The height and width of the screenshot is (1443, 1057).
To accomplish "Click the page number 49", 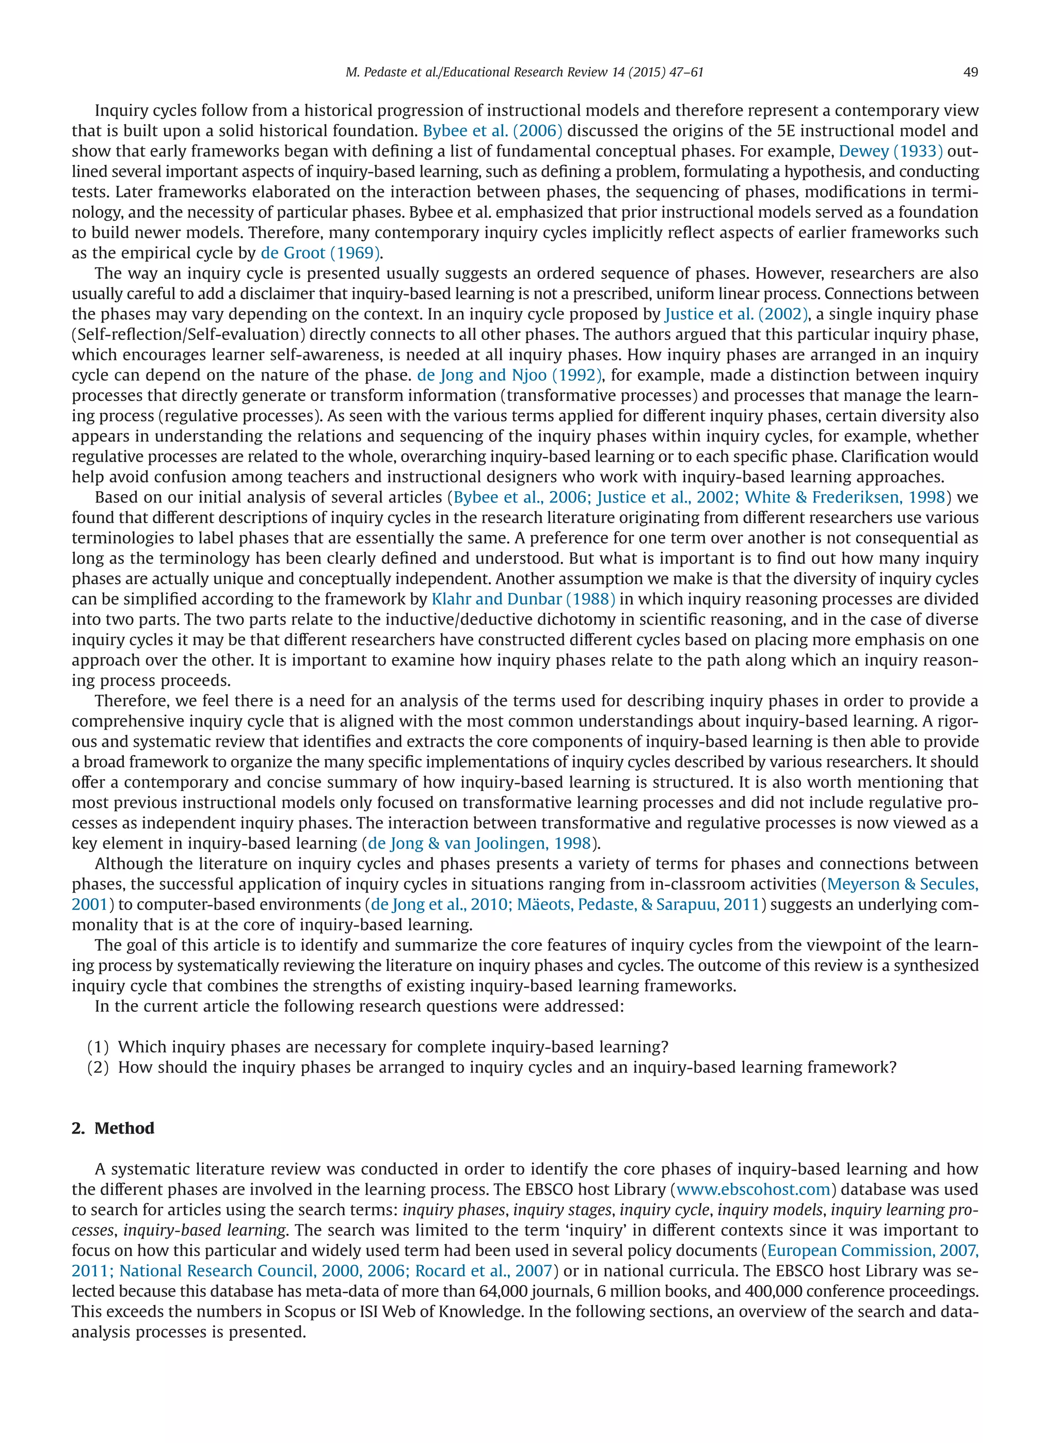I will [x=970, y=72].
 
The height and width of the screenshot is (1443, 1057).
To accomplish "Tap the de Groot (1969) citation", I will [x=321, y=253].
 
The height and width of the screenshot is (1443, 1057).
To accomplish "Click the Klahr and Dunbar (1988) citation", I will [x=523, y=599].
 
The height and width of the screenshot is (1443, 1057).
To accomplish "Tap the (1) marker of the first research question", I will [x=98, y=1047].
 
